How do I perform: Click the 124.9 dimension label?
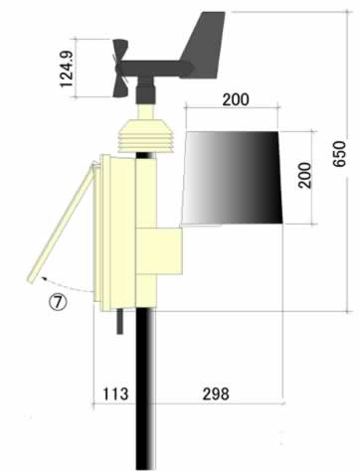(66, 69)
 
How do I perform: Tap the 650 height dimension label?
(339, 154)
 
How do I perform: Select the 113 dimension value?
(115, 393)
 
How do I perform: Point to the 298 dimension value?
(216, 393)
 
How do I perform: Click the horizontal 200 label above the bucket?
(236, 99)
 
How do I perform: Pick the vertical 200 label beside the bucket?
(304, 176)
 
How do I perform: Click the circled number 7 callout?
(59, 302)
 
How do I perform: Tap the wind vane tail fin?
(203, 46)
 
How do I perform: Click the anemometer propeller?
(120, 69)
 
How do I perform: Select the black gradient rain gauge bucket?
(232, 178)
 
